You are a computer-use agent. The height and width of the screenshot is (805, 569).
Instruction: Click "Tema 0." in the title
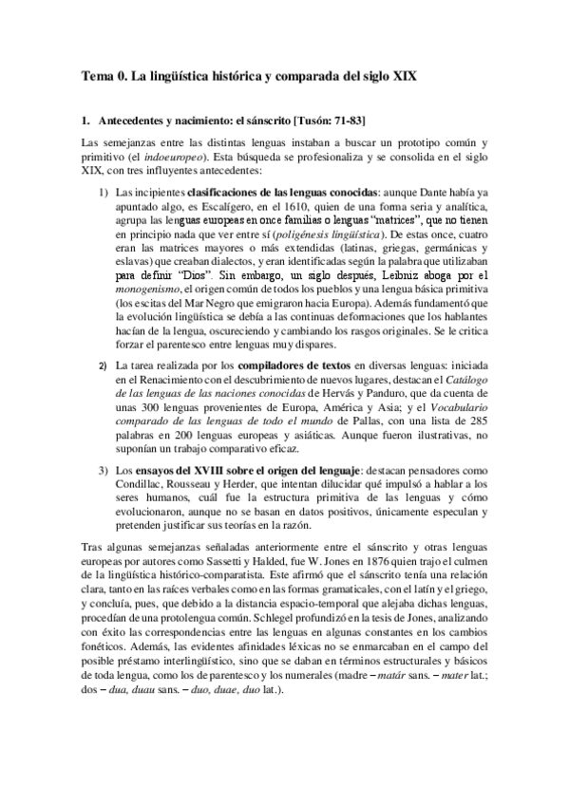[x=104, y=75]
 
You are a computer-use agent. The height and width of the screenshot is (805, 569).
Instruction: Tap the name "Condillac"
[x=141, y=485]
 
